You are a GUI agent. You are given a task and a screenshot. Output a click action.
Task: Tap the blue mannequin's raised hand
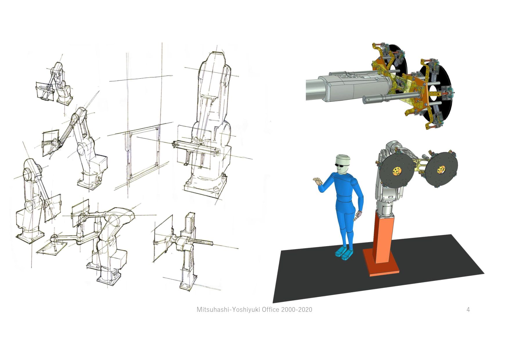(318, 182)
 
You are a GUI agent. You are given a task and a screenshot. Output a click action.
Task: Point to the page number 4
(468, 309)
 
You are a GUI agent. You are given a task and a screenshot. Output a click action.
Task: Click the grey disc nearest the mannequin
(396, 171)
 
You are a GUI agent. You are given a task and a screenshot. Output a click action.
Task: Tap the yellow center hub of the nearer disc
(396, 172)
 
